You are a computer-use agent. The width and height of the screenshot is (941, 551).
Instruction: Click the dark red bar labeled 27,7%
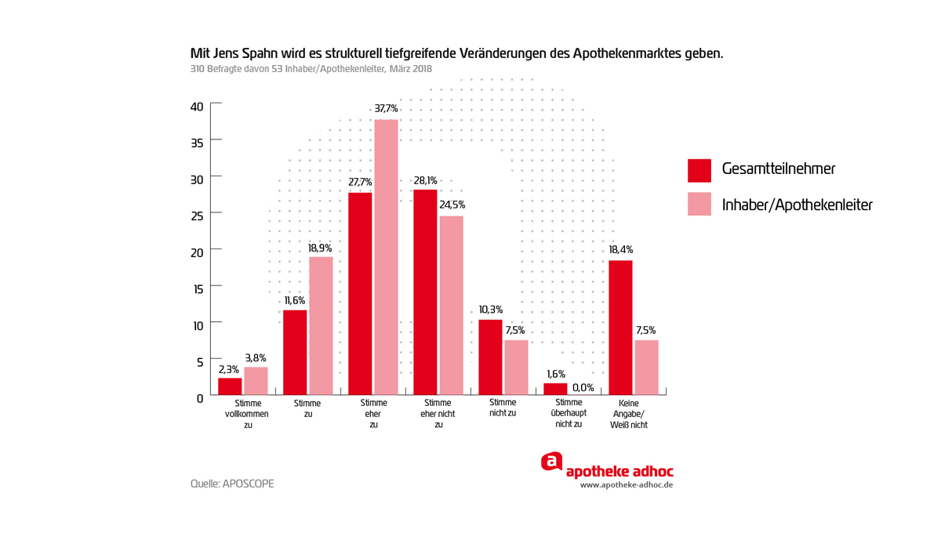pos(360,293)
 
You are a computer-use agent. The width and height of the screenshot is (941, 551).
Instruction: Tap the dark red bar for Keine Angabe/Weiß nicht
pos(620,327)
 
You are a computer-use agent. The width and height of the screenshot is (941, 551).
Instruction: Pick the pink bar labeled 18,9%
pos(321,325)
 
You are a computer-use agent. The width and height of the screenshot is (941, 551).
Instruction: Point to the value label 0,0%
pos(583,387)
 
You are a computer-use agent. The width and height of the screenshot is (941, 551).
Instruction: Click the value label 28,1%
pos(425,180)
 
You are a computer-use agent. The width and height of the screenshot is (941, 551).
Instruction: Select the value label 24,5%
pos(452,205)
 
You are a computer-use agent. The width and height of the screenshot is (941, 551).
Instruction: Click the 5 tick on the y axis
pos(199,361)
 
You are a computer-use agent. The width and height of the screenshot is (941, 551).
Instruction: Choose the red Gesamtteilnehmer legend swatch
pos(699,170)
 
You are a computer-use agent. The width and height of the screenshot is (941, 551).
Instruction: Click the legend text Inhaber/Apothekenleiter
pos(797,205)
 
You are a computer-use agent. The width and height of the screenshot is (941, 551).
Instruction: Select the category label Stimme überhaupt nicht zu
pos(568,413)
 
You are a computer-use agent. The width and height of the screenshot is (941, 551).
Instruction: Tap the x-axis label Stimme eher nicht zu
pos(438,414)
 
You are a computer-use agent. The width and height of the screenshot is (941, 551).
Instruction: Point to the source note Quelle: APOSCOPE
pos(232,484)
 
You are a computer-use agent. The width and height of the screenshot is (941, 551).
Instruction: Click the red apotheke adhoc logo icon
pos(552,462)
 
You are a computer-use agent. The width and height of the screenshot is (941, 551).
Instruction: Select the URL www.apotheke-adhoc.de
pos(626,485)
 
